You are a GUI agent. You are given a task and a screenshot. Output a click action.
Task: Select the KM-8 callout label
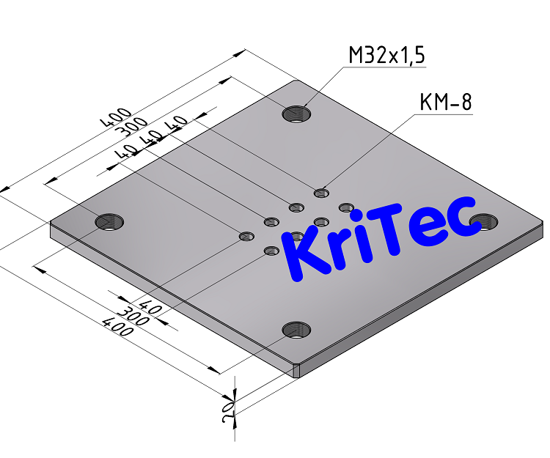pos(445,103)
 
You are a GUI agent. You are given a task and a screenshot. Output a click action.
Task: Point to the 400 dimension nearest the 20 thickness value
pos(118,328)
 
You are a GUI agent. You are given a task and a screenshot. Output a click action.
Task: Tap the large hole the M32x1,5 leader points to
pos(298,114)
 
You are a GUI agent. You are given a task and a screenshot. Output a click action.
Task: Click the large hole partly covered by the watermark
pos(485,220)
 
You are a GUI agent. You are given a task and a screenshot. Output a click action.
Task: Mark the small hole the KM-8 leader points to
pos(321,193)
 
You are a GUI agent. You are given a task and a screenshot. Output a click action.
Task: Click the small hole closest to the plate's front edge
pos(272,251)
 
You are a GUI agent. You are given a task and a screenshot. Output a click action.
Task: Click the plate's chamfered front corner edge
pos(296,371)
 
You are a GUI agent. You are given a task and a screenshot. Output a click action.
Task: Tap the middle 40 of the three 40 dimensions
pos(154,138)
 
